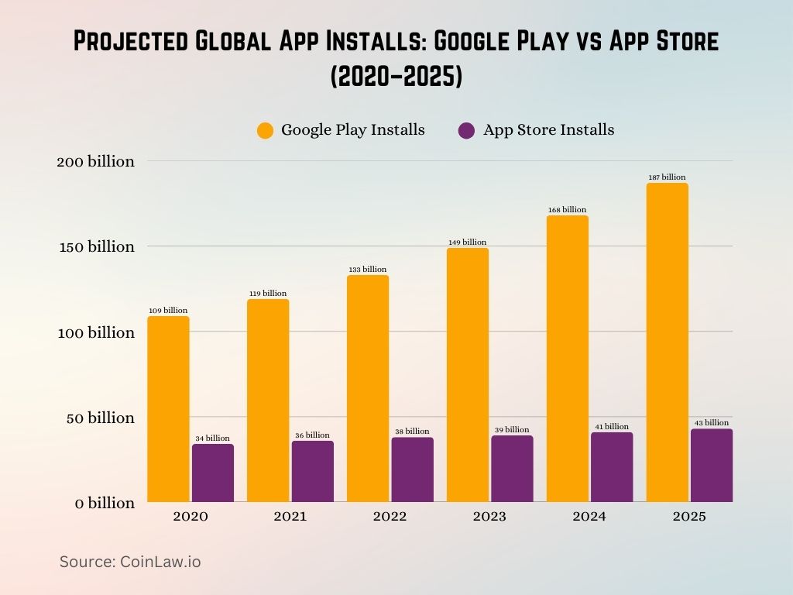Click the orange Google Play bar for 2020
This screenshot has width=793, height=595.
pos(168,409)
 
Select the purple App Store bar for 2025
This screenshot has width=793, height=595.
pos(711,466)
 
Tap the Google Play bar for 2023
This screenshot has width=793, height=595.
pos(468,375)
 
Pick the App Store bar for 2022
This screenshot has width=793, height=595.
pos(412,469)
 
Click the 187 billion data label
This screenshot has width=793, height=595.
pos(667,177)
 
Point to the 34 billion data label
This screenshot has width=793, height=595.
pos(212,439)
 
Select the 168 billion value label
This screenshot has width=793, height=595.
pos(568,210)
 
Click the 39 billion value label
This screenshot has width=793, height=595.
pos(511,430)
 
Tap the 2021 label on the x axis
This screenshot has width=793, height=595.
pos(290,517)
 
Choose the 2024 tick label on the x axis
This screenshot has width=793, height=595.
pos(589,517)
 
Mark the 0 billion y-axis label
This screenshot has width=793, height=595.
pos(105,504)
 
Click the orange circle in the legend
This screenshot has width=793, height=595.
pos(266,131)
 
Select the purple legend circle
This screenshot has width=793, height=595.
pos(466,131)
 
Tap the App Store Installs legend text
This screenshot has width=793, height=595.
pos(548,130)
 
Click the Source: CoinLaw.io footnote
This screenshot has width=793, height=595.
pos(130,562)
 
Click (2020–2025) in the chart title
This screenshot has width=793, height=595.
pos(396,78)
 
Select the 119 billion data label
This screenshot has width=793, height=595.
pos(267,294)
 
